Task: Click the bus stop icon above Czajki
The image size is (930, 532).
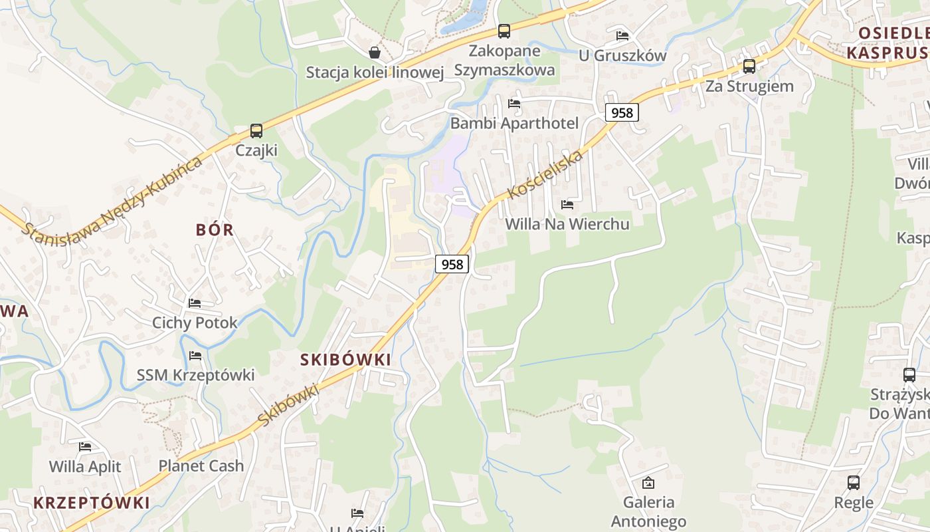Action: (256, 131)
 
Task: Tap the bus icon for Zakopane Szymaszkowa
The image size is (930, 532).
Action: (504, 31)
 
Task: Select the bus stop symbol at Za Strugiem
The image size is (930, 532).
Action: (749, 66)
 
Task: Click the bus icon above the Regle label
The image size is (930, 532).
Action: (854, 483)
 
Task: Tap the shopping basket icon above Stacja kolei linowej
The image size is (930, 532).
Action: (375, 53)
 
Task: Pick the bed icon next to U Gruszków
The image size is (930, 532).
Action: (622, 36)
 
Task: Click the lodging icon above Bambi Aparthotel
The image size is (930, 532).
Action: (514, 104)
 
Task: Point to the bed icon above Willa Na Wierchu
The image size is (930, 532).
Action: (567, 205)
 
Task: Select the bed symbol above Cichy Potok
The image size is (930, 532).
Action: (195, 303)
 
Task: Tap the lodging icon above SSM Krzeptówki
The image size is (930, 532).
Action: (195, 356)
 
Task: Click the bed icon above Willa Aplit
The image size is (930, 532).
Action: (85, 447)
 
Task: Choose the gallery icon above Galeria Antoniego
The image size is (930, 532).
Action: (648, 483)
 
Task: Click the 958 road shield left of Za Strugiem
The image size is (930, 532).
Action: (622, 113)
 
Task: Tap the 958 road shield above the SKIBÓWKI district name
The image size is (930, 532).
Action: (452, 264)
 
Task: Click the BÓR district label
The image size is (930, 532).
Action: (215, 230)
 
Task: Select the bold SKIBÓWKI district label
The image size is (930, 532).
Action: (345, 360)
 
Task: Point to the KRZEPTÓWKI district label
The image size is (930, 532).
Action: (92, 503)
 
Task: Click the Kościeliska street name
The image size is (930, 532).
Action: (545, 174)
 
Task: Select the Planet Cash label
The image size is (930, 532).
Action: (201, 466)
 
